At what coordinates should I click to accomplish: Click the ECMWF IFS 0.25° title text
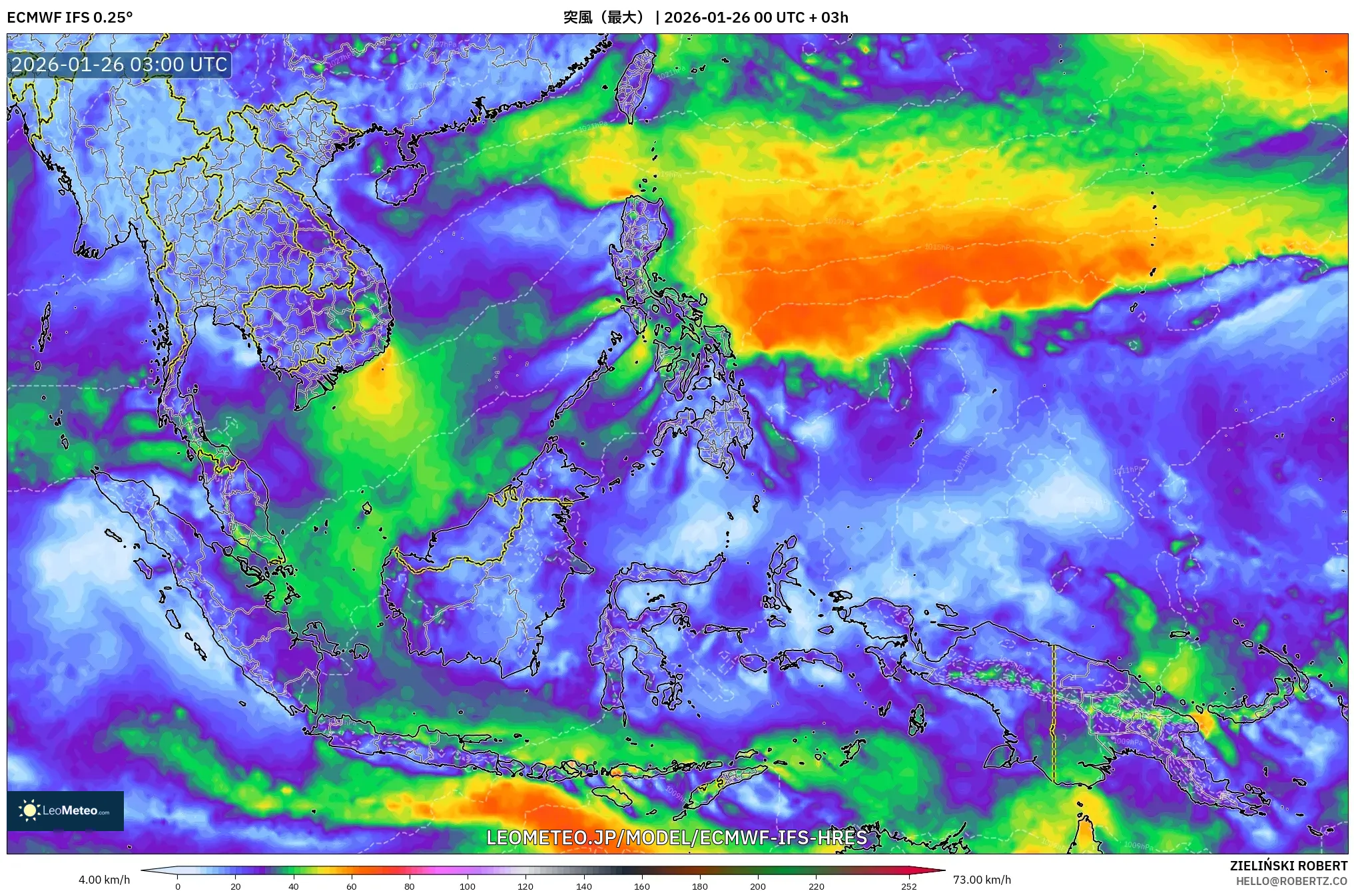pos(69,17)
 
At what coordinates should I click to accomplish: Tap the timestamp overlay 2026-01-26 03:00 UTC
pos(120,65)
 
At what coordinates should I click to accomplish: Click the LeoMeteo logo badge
pos(65,810)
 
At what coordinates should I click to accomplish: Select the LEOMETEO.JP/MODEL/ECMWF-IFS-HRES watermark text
pos(677,838)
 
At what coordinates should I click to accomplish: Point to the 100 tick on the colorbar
pos(468,886)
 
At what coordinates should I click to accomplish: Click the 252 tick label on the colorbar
pos(909,886)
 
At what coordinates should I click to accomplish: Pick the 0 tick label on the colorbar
pos(177,886)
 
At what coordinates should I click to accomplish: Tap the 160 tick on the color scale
pos(642,886)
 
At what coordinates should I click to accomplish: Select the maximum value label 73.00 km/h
pos(982,880)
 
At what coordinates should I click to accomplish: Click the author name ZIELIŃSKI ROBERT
pos(1289,866)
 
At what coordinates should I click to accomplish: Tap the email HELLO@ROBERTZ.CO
pos(1291,881)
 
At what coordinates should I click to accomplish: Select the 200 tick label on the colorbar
pos(758,886)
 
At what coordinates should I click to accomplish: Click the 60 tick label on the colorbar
pos(352,886)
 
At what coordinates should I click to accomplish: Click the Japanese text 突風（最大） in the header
pos(605,17)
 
